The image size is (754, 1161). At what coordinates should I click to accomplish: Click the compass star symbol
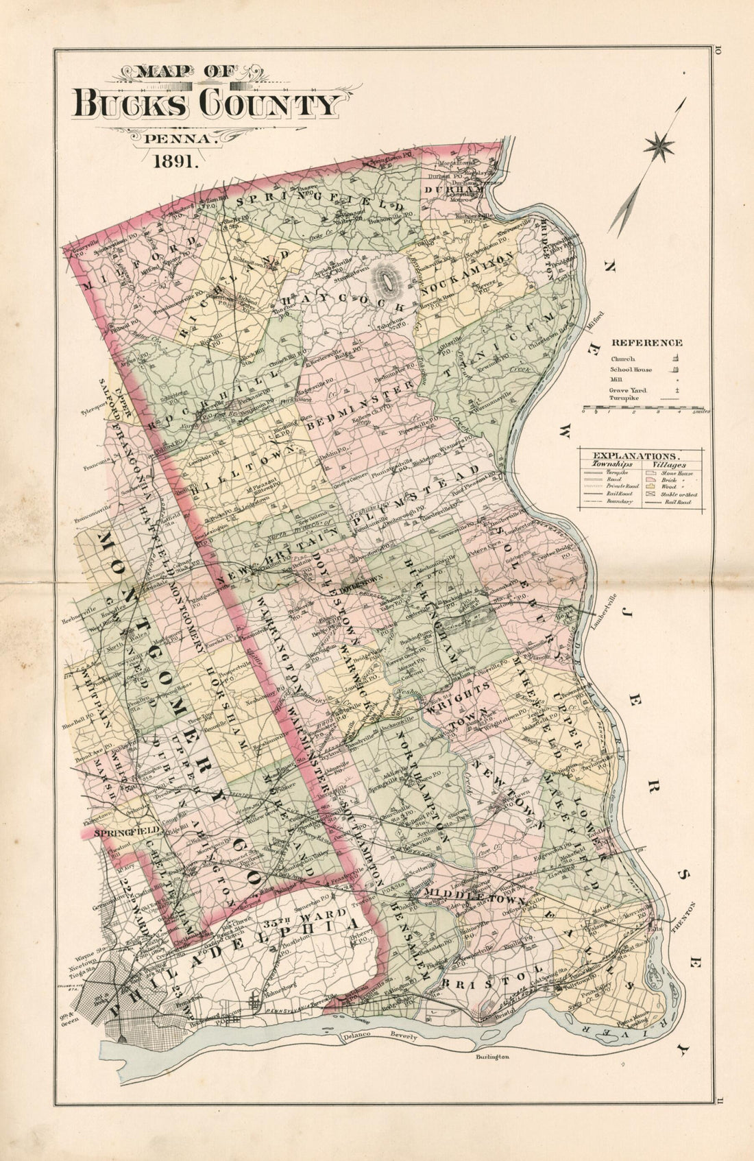[x=659, y=145]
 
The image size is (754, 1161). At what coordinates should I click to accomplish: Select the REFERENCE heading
[x=646, y=342]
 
